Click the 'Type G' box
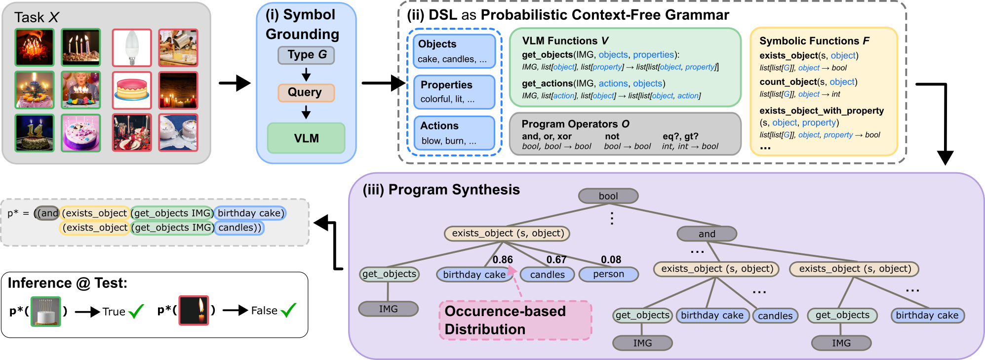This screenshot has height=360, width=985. [x=306, y=55]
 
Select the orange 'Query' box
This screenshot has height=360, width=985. [x=306, y=92]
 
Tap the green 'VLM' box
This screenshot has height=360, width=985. [x=306, y=138]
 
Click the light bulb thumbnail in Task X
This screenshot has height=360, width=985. [x=131, y=47]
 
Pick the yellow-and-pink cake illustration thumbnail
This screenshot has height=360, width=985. [x=131, y=90]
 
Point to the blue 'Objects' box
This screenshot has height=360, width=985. [x=454, y=51]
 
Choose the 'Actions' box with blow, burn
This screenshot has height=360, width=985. [x=454, y=133]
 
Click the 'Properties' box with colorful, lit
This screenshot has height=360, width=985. [x=454, y=92]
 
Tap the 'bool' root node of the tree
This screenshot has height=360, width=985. [x=608, y=196]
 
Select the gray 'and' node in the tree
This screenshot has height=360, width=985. [x=707, y=234]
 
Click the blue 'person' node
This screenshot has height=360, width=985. [x=608, y=274]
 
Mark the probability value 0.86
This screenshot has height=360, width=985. [x=503, y=260]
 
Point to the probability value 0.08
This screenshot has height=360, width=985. [x=611, y=260]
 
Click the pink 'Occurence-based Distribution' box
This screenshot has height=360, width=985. [x=515, y=320]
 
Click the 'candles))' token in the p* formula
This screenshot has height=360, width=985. [x=239, y=228]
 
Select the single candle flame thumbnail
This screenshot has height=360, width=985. [x=194, y=311]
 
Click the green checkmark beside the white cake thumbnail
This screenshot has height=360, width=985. [x=136, y=311]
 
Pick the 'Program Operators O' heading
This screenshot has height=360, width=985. [x=575, y=124]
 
